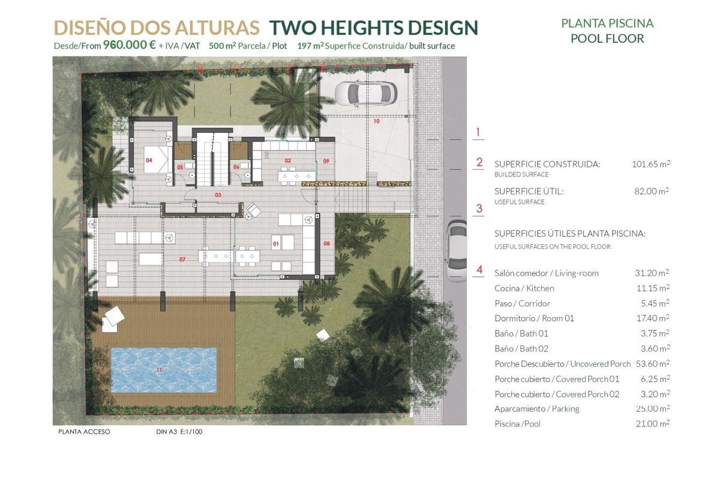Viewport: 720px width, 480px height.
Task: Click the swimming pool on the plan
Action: pyautogui.click(x=164, y=370)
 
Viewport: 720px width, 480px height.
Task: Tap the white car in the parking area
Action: pyautogui.click(x=366, y=94)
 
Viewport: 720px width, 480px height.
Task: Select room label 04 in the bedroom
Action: pyautogui.click(x=149, y=160)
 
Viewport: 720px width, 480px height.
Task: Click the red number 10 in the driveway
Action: pyautogui.click(x=376, y=121)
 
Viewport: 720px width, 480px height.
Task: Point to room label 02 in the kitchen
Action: pyautogui.click(x=287, y=160)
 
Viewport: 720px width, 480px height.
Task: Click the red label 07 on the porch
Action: pyautogui.click(x=182, y=259)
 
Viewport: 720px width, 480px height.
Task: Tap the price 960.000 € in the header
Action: pyautogui.click(x=129, y=44)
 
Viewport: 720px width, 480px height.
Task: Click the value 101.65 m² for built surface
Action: pyautogui.click(x=651, y=164)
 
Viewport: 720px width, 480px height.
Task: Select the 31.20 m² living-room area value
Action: pyautogui.click(x=652, y=273)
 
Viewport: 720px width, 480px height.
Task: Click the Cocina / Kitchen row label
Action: pyautogui.click(x=524, y=289)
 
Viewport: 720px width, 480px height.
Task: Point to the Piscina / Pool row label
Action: pyautogui.click(x=517, y=424)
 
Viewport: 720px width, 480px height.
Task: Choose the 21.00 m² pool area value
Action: pyautogui.click(x=653, y=424)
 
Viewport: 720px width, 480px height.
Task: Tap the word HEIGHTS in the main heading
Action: pyautogui.click(x=362, y=28)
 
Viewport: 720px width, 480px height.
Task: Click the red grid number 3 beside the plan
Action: pyautogui.click(x=479, y=209)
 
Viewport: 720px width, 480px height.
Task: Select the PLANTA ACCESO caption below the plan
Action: pyautogui.click(x=84, y=432)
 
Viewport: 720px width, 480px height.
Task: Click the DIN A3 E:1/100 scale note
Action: pyautogui.click(x=179, y=432)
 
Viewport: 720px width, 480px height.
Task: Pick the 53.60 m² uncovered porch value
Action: pyautogui.click(x=653, y=364)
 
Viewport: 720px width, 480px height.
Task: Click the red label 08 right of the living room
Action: pyautogui.click(x=326, y=244)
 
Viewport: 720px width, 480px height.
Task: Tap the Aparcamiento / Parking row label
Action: pyautogui.click(x=537, y=409)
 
